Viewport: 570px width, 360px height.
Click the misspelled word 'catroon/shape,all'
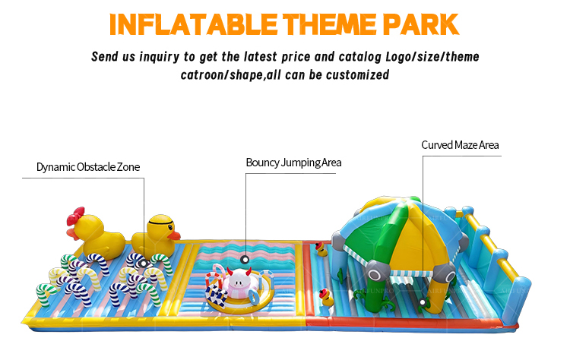tap(229, 74)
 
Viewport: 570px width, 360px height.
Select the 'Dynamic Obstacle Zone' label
tap(88, 167)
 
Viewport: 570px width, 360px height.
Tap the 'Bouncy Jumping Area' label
tap(293, 163)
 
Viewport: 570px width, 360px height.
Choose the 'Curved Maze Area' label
tap(461, 145)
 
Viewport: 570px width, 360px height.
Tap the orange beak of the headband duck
tap(174, 235)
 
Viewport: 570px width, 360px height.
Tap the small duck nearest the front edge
tap(328, 298)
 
